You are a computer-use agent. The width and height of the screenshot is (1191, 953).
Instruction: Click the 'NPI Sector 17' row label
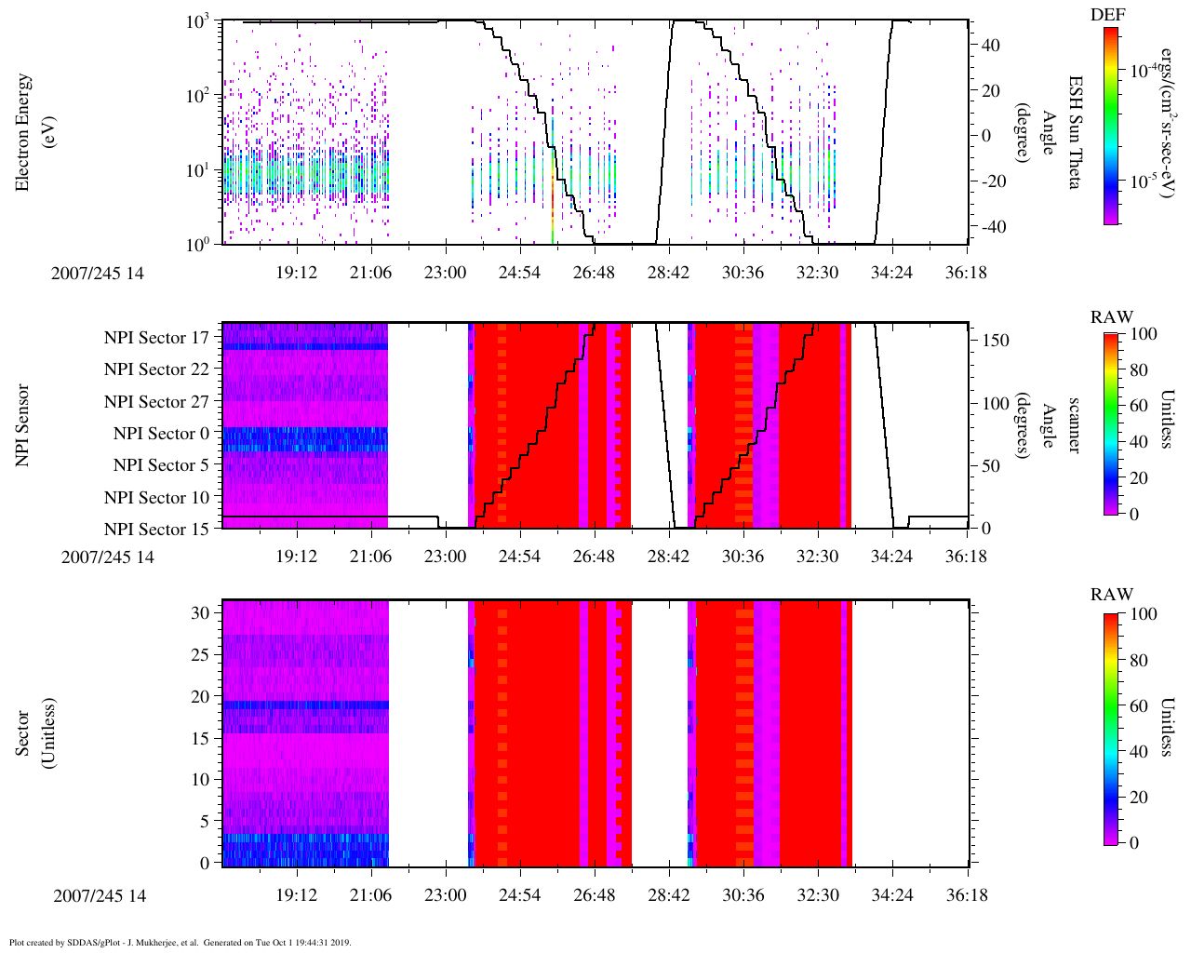point(157,338)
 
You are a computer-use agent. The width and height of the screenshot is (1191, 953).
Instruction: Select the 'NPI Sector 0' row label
point(162,434)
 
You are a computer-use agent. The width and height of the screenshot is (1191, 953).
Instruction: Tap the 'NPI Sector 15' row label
point(157,530)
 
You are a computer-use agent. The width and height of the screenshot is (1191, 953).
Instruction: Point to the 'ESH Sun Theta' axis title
point(1073,132)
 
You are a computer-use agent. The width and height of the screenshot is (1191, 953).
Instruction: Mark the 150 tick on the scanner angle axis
point(996,341)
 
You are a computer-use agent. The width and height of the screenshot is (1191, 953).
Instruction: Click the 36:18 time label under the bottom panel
point(966,895)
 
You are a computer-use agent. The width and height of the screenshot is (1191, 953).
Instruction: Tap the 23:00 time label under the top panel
point(445,273)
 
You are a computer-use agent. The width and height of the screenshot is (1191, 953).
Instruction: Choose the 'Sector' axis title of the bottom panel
point(34,733)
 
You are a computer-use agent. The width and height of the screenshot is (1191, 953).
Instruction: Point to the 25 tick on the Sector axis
point(201,655)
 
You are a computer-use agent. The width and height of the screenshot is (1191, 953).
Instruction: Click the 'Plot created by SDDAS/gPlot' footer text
point(180,943)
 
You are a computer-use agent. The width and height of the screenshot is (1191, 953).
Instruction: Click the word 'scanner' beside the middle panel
point(1073,425)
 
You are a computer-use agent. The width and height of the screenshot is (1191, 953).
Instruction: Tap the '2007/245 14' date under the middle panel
point(108,557)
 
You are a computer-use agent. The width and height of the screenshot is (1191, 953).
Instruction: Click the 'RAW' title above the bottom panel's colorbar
point(1112,595)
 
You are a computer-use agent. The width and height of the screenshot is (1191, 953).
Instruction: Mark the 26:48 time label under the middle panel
point(594,557)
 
